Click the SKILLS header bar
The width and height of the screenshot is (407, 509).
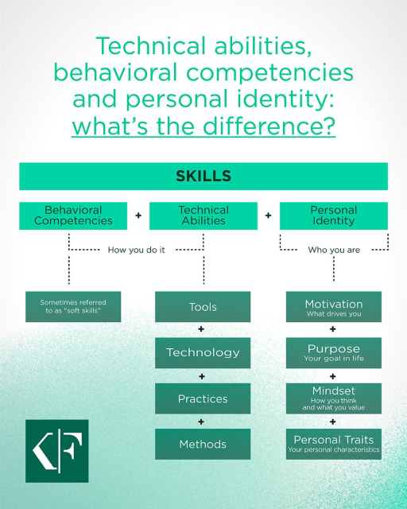tap(203, 176)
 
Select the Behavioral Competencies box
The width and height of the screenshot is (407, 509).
tap(73, 216)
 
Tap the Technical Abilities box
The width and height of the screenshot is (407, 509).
tap(203, 216)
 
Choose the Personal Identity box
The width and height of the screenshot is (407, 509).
tap(334, 216)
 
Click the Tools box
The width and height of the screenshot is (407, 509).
tap(203, 307)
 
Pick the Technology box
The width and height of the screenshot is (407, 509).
tap(203, 352)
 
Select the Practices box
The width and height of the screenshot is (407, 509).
tap(203, 398)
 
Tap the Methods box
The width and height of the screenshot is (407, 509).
tap(203, 444)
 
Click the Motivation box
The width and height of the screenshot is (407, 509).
tap(334, 307)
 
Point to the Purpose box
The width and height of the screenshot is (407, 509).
tap(334, 352)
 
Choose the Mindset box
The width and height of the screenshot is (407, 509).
tap(334, 398)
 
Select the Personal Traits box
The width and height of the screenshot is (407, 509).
tap(334, 444)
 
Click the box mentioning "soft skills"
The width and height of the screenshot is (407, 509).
tap(73, 307)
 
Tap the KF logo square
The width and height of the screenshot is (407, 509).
tap(56, 450)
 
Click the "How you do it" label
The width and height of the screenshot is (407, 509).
tap(136, 250)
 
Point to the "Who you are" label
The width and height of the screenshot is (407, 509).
tap(334, 250)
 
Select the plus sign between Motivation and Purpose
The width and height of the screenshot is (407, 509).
tap(333, 329)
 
